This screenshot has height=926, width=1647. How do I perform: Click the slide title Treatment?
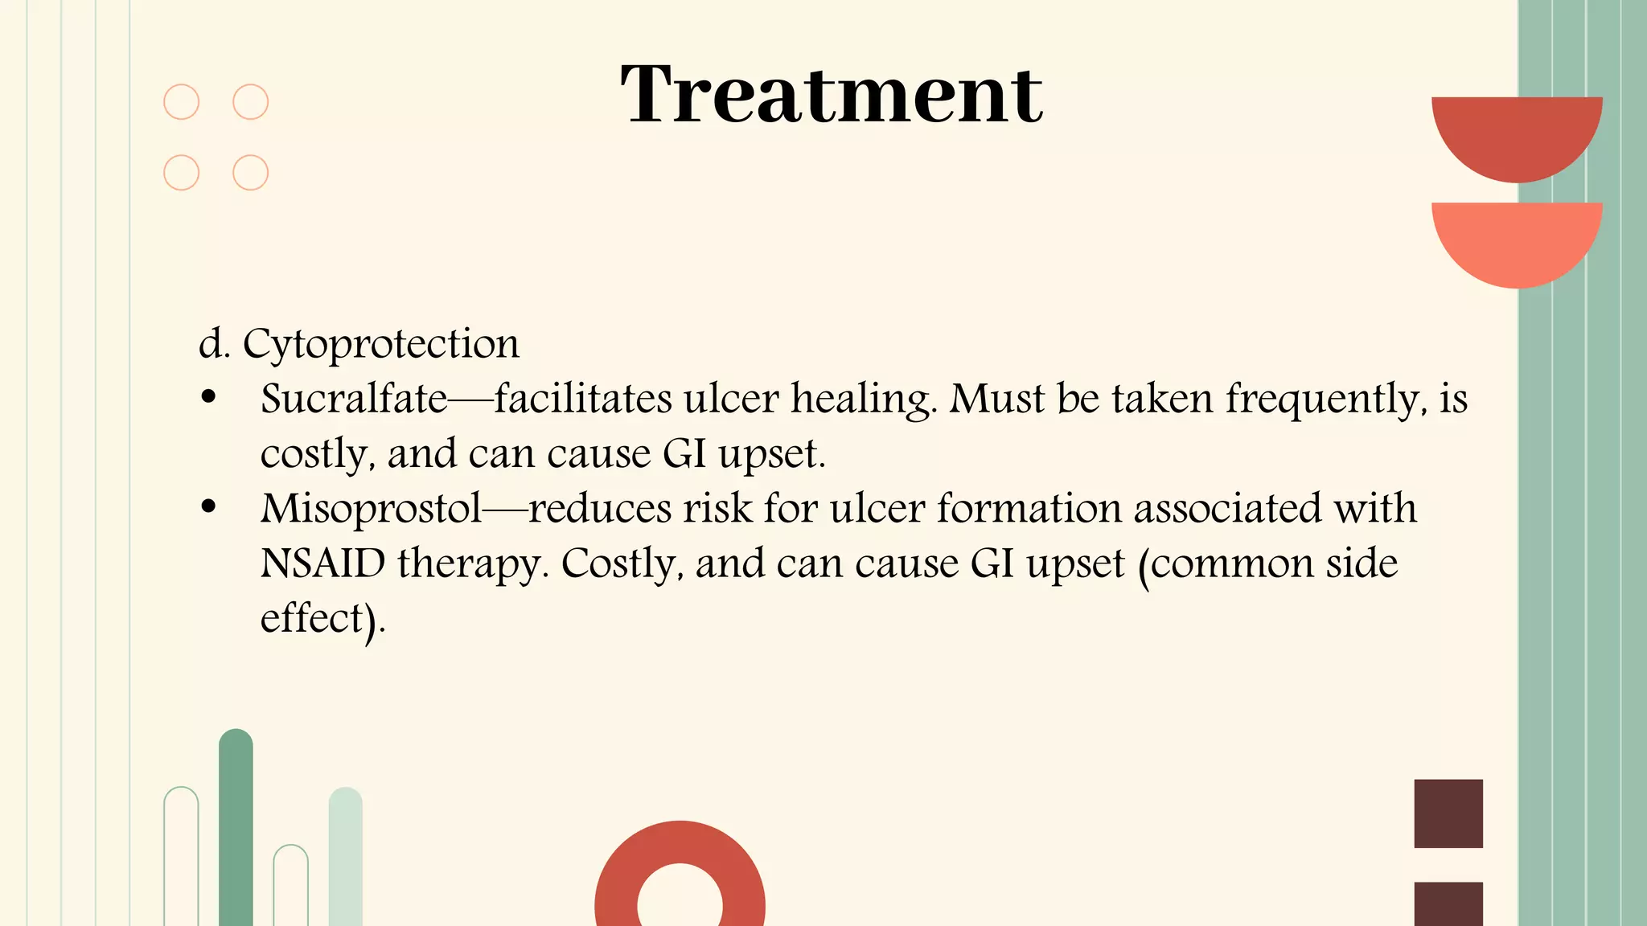pyautogui.click(x=832, y=95)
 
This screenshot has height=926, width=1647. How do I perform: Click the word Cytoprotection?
pyautogui.click(x=380, y=344)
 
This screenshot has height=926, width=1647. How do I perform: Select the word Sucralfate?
pyautogui.click(x=354, y=399)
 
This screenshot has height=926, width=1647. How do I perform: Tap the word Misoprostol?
pyautogui.click(x=371, y=509)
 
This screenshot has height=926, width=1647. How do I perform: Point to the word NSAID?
pyautogui.click(x=322, y=563)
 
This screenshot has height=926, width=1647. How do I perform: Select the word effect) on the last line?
pyautogui.click(x=322, y=619)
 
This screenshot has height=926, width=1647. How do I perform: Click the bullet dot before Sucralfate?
pyautogui.click(x=209, y=397)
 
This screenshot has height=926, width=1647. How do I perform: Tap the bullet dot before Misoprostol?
pyautogui.click(x=209, y=507)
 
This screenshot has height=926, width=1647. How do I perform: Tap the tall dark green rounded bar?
pyautogui.click(x=236, y=828)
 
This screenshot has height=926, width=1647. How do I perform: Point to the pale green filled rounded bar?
pyautogui.click(x=345, y=856)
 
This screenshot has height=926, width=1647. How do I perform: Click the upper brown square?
pyautogui.click(x=1448, y=813)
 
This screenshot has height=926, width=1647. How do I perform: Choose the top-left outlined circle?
pyautogui.click(x=182, y=102)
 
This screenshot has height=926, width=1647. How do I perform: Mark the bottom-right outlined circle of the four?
pyautogui.click(x=250, y=173)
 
